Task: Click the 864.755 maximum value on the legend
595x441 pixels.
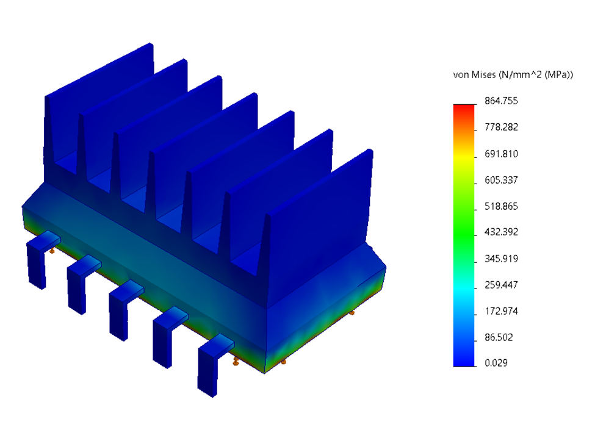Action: [x=500, y=101]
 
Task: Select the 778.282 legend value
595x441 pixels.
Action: [x=500, y=127]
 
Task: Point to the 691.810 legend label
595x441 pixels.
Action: [x=500, y=154]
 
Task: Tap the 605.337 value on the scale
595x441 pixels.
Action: [x=500, y=180]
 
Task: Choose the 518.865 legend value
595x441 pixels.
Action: [x=500, y=206]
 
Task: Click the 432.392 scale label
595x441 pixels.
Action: [x=500, y=232]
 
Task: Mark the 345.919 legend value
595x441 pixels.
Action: [x=500, y=259]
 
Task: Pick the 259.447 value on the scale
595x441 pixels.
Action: [x=500, y=285]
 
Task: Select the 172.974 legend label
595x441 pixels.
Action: [x=500, y=311]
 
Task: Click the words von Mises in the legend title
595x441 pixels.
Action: [x=474, y=75]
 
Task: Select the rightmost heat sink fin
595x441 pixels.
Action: [x=323, y=232]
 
